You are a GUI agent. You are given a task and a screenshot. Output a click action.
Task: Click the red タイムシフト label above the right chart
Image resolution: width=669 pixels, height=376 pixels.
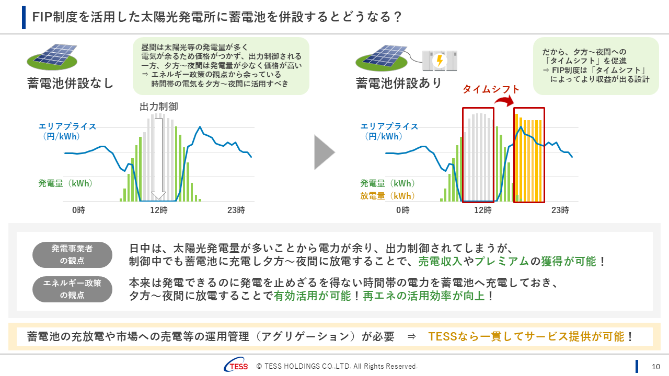[x=491, y=89]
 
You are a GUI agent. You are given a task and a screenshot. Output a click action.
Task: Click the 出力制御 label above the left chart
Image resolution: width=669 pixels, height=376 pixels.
[x=159, y=107]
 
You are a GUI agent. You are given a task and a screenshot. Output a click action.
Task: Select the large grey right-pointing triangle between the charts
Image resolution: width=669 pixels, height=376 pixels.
[x=324, y=152]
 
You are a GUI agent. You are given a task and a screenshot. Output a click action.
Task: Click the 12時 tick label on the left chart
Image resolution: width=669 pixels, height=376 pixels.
[x=159, y=210]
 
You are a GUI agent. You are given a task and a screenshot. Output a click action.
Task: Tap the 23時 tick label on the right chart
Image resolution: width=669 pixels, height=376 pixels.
[x=560, y=210]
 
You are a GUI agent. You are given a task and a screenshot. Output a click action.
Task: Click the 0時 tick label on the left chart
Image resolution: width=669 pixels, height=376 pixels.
[x=78, y=210]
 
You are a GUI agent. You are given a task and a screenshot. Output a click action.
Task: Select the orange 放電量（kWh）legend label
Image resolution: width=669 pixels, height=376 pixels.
[x=388, y=196]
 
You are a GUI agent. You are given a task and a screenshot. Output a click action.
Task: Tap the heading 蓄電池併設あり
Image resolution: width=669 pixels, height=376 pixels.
[x=399, y=83]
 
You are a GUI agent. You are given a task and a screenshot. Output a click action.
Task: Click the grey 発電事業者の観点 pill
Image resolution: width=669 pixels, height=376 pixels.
[x=72, y=255]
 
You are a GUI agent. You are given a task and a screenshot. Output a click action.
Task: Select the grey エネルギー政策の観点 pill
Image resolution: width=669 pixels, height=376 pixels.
[x=72, y=289]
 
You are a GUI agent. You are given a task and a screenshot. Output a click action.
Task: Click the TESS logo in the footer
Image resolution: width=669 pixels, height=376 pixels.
[x=236, y=366]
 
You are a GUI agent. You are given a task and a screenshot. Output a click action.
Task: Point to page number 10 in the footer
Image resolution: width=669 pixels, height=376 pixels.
[x=656, y=366]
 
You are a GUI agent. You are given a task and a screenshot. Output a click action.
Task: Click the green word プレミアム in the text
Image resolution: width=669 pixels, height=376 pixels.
[x=502, y=261]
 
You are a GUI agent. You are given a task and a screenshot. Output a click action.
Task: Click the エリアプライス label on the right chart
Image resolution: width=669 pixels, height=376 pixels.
[x=389, y=126]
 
